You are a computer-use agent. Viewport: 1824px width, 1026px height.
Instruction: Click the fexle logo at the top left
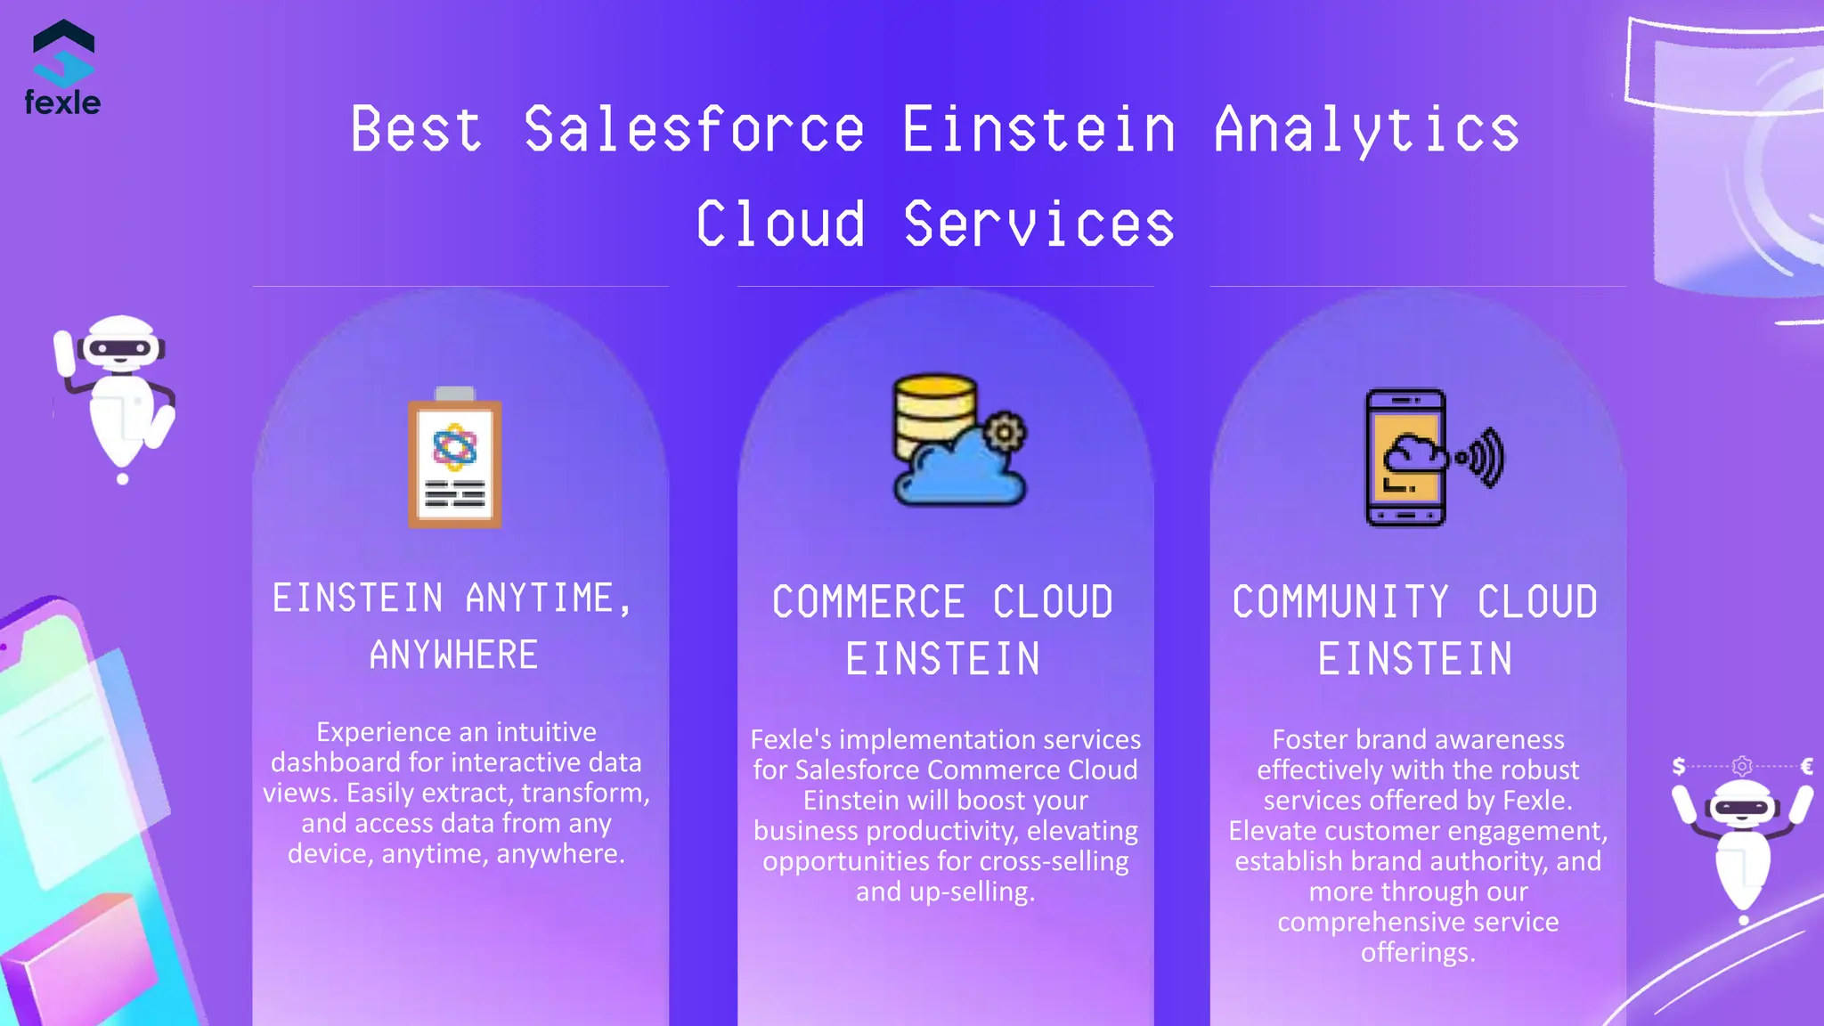tap(62, 69)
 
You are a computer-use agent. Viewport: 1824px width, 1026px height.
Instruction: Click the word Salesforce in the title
tap(694, 130)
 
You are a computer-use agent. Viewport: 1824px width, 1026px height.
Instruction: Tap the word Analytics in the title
tap(1366, 130)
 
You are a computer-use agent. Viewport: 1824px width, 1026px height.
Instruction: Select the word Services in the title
tap(1038, 224)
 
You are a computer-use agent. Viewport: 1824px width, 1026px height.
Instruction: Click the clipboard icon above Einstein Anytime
tap(454, 460)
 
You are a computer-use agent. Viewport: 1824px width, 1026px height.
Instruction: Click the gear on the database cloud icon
tap(1006, 433)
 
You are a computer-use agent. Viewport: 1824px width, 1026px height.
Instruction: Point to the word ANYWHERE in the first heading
tap(454, 655)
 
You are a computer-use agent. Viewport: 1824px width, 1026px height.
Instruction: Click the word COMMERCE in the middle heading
tap(868, 602)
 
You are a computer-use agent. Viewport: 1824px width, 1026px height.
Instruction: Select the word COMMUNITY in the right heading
tap(1340, 602)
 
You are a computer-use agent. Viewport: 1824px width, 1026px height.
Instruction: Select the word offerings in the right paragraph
tap(1418, 952)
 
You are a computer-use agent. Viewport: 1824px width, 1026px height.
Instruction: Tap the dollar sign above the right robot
tap(1679, 766)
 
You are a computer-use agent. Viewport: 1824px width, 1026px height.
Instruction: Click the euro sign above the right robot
tap(1807, 766)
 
